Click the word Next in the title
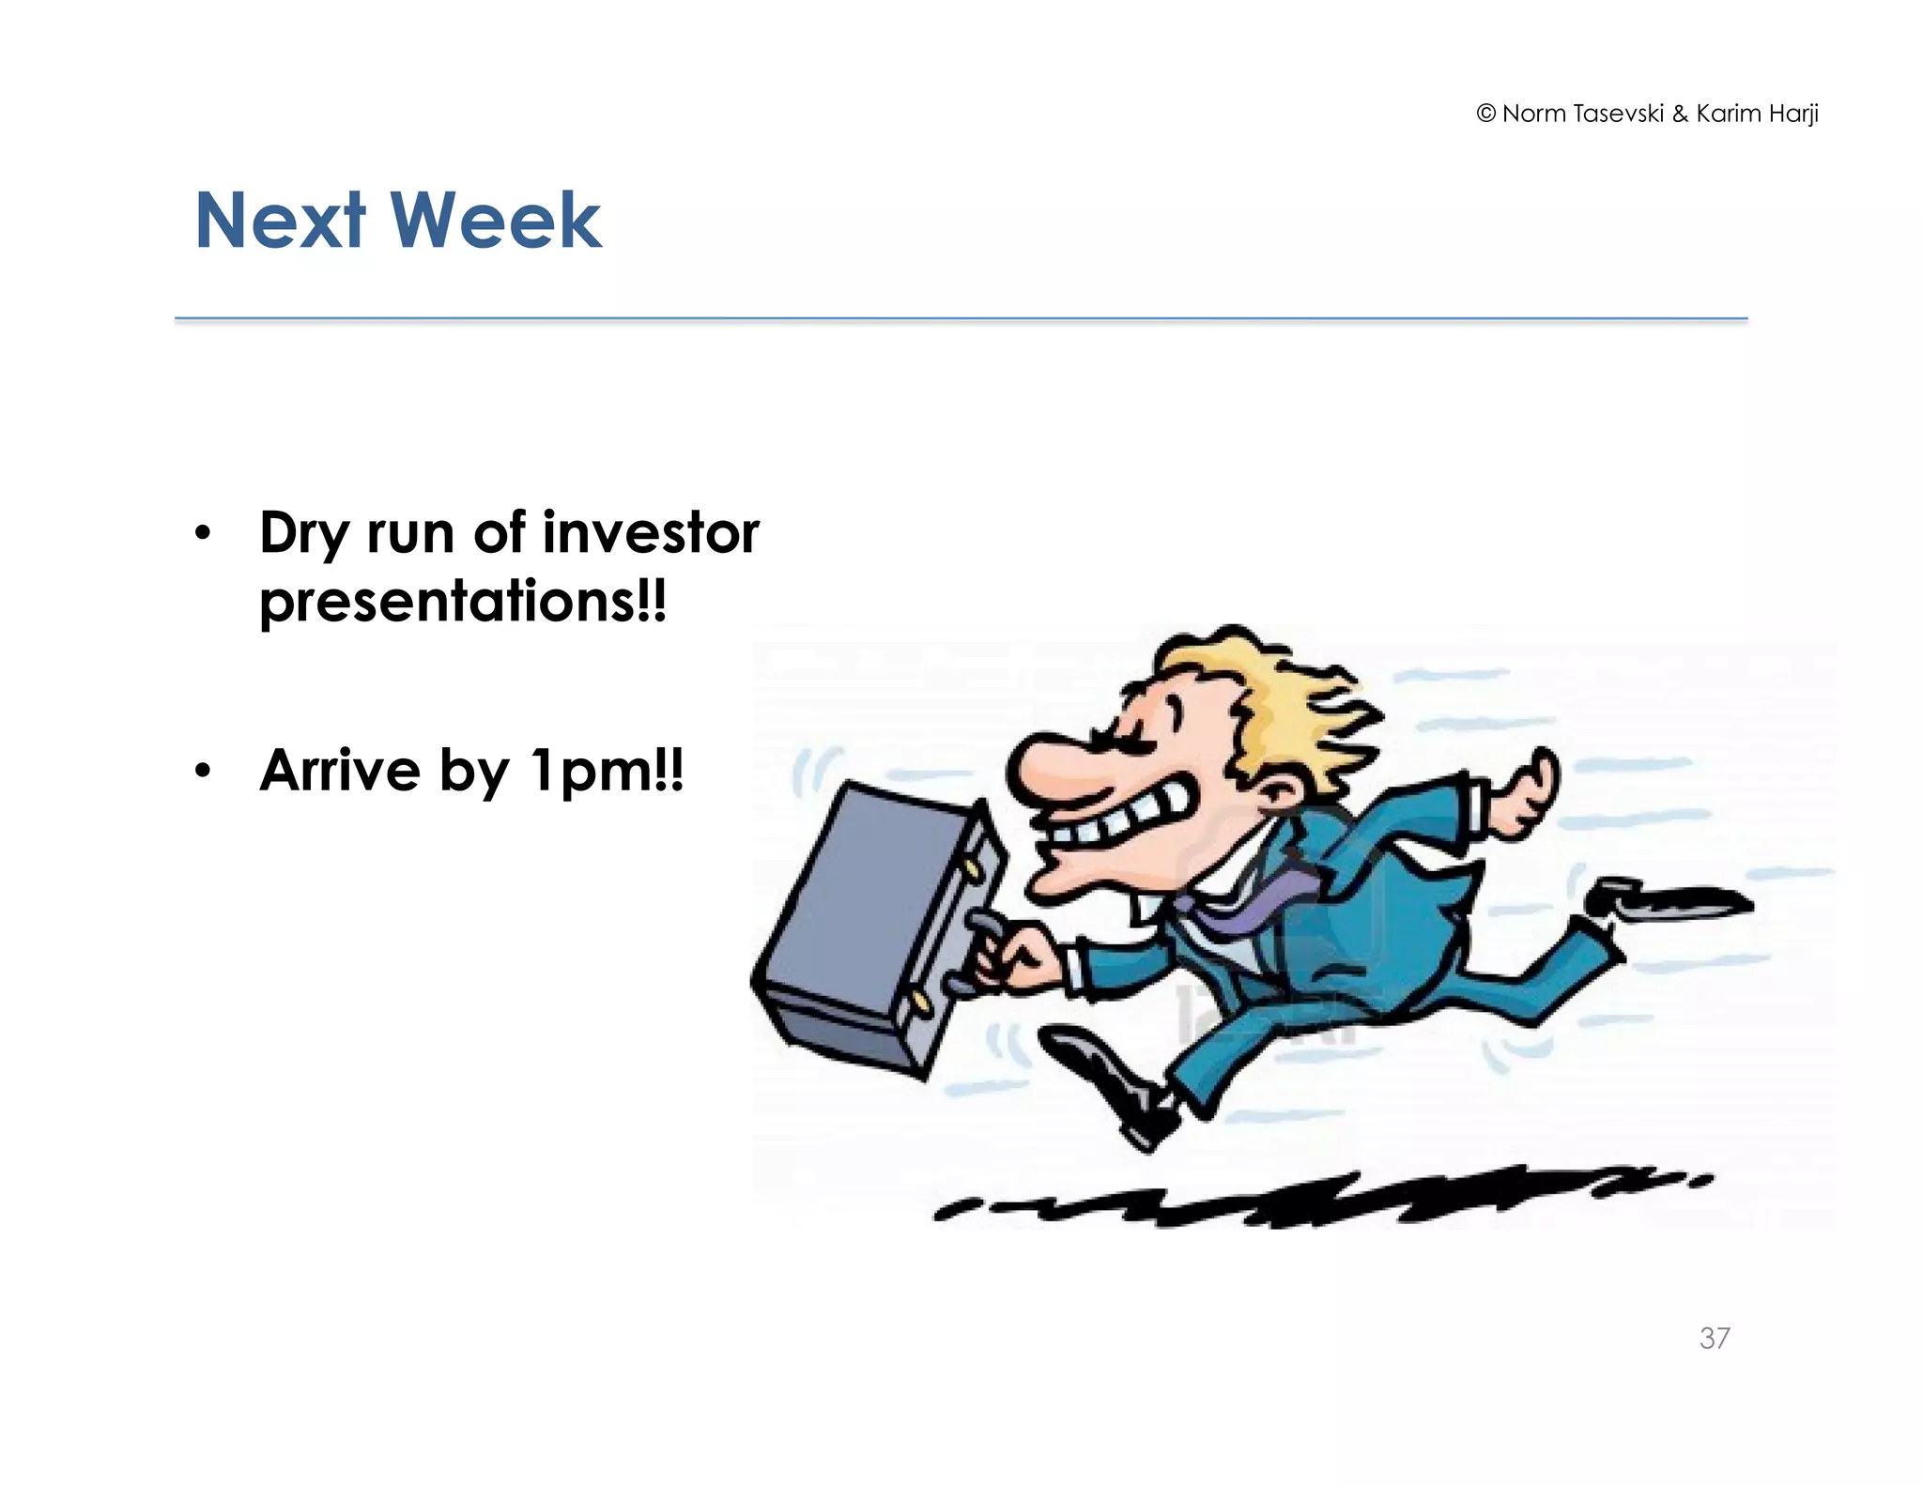tap(279, 222)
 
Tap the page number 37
tap(1715, 1338)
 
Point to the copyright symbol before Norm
tap(1485, 114)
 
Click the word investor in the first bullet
tap(651, 532)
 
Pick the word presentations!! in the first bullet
tap(463, 601)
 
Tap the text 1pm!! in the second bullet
tap(607, 772)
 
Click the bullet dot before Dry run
tap(203, 534)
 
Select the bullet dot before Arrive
tap(203, 772)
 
